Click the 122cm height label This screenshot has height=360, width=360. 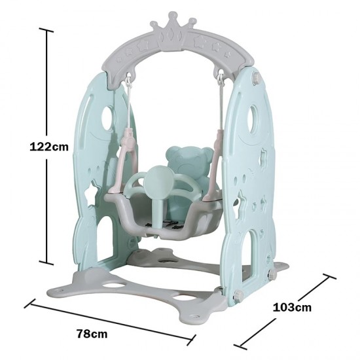(x=49, y=147)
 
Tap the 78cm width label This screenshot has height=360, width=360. (x=92, y=333)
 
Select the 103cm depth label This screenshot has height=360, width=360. (x=293, y=308)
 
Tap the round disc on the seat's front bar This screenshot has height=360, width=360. (x=158, y=181)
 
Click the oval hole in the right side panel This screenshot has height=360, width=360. (x=254, y=119)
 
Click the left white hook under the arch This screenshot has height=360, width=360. (x=128, y=80)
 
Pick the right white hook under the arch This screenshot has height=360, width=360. (x=221, y=78)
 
